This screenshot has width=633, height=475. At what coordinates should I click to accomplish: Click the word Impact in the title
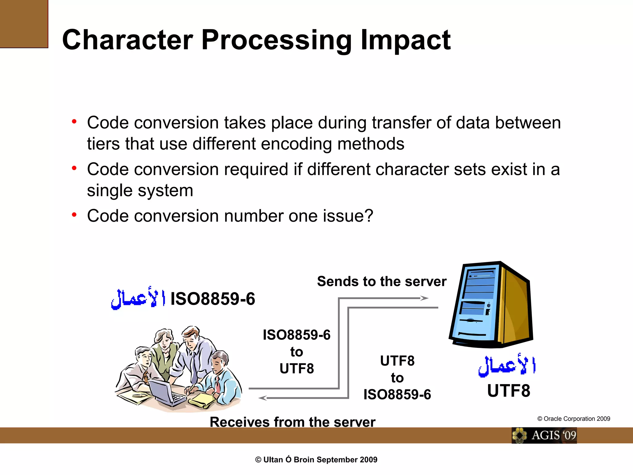coord(406,40)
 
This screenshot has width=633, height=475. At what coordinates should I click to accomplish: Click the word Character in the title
coord(128,40)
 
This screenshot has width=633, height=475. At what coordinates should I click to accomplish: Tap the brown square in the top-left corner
coord(24,24)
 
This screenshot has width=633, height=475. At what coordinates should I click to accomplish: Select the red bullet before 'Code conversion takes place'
coord(74,122)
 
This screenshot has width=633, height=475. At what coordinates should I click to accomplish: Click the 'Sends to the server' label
coord(382,281)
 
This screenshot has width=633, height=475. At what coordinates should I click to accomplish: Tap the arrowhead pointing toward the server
coord(424,298)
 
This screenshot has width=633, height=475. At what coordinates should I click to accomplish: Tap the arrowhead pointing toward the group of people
coord(263,398)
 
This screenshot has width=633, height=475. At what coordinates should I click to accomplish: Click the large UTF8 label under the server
coord(508,391)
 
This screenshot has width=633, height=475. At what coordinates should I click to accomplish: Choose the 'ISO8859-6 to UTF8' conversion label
coord(296,352)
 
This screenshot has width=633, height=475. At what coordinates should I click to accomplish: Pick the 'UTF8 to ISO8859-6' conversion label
coord(397,378)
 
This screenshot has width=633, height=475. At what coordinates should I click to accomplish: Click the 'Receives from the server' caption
coord(292,422)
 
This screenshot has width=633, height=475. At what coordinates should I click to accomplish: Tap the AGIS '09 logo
coord(544,435)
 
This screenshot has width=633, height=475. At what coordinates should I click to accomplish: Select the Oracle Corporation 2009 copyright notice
coord(574,419)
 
